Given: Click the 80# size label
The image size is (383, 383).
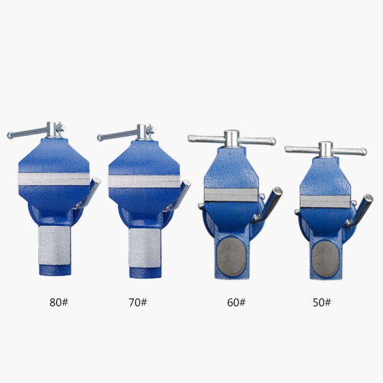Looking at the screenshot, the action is point(59,303).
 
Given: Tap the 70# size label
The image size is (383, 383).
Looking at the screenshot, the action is point(138,303).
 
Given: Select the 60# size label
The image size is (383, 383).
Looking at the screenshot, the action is point(236,303).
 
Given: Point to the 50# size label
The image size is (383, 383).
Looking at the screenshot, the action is point(322,303).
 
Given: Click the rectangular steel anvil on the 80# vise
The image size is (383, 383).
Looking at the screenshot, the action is point(54,245).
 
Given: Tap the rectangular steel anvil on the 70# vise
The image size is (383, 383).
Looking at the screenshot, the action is point(145,248).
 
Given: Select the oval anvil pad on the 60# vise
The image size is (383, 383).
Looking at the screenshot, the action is point(231,257).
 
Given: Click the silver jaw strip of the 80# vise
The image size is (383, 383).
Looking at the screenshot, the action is point(54,179).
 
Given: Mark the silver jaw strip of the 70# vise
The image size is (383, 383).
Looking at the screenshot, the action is point(145,181).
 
